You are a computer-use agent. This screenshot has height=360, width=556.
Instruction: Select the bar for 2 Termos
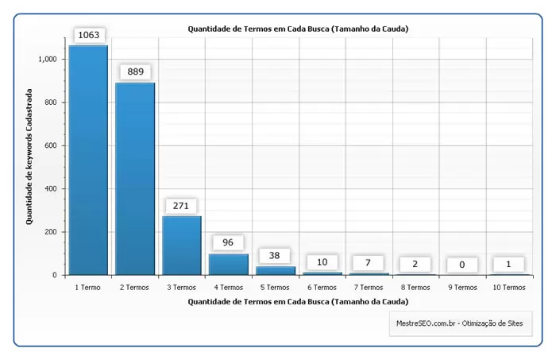tap(135, 179)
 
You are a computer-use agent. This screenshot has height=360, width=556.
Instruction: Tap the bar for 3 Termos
tap(182, 246)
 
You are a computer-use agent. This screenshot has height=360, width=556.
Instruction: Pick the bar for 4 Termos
tap(229, 265)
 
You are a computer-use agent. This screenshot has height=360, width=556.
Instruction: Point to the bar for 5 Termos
tap(275, 271)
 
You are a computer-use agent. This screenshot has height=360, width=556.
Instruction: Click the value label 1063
tap(88, 35)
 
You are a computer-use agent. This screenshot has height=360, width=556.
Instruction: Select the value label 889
tap(135, 72)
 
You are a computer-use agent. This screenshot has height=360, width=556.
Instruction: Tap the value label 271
tap(182, 205)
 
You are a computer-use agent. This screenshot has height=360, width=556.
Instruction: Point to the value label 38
tap(275, 256)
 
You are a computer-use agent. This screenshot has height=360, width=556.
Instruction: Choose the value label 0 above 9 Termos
tap(461, 265)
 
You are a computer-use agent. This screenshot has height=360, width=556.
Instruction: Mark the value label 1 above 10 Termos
tap(508, 264)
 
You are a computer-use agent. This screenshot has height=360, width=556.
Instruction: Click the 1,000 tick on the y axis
tap(47, 60)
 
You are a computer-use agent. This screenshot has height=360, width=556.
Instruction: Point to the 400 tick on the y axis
tap(51, 189)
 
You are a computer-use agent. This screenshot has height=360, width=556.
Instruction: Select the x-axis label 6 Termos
tap(322, 287)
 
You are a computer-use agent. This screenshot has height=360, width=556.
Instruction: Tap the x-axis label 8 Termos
tap(415, 287)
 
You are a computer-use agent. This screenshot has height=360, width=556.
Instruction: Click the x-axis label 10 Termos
tap(508, 287)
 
